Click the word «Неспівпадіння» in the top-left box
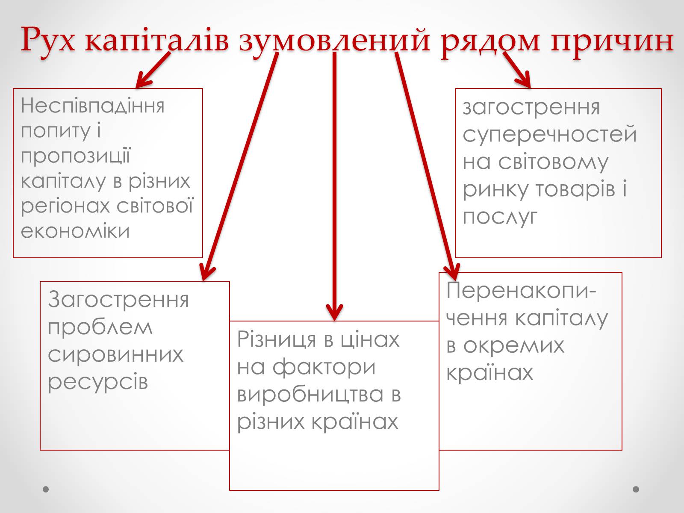[x=92, y=105]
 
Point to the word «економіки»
[x=75, y=231]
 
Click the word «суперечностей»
[x=550, y=134]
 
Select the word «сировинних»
[x=115, y=354]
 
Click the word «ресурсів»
[x=98, y=381]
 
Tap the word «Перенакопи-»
[x=521, y=291]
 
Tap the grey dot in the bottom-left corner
[x=46, y=489]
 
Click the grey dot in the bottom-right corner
[x=636, y=489]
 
